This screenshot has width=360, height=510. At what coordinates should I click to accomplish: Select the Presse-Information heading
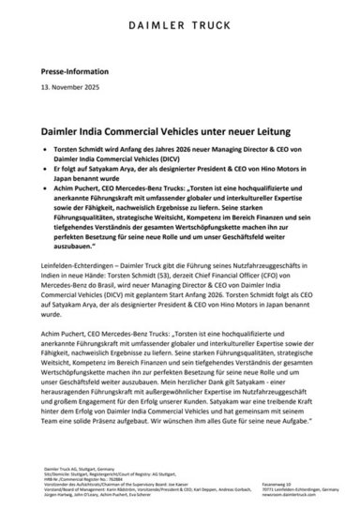click(x=69, y=72)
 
